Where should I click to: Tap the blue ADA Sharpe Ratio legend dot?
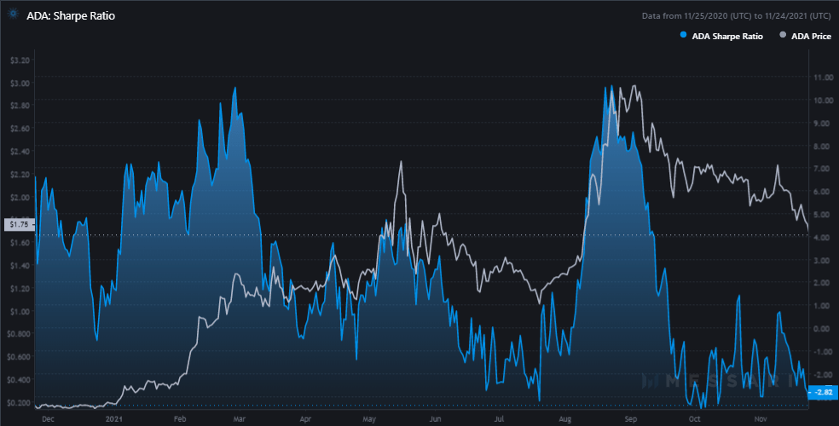point(683,36)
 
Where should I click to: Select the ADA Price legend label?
point(811,36)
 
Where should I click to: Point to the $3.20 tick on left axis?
point(20,60)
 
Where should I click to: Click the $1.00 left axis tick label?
point(20,312)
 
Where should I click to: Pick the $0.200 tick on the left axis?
point(18,403)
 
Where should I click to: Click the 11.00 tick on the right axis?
point(824,78)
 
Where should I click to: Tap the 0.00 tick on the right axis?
point(822,328)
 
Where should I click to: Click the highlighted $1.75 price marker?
point(18,224)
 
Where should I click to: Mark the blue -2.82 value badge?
point(822,392)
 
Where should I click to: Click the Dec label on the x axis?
point(48,418)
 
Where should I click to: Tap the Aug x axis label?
point(565,418)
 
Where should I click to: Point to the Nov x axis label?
point(760,418)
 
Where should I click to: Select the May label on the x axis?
point(370,418)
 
